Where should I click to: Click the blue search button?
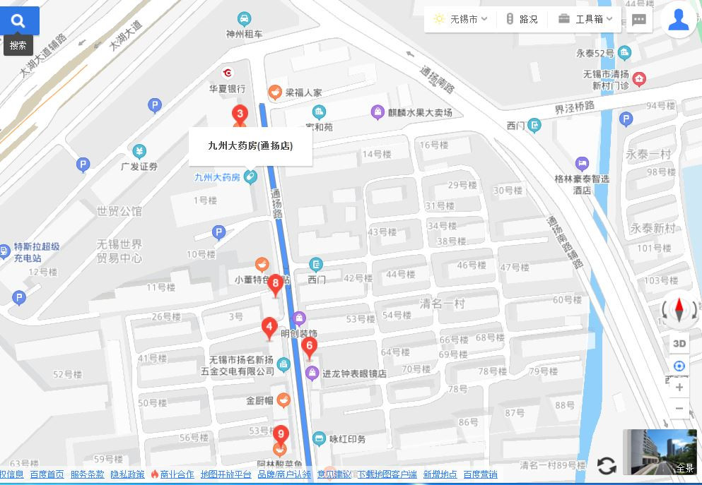(x=19, y=21)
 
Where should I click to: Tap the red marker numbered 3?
(x=240, y=114)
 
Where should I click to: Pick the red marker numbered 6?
(x=308, y=347)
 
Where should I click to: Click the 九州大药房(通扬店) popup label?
(x=250, y=146)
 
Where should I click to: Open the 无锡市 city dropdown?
(x=461, y=19)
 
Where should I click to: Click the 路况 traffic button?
(x=521, y=19)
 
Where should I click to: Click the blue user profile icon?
(x=678, y=20)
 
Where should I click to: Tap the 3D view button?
(x=679, y=344)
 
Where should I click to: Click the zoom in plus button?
(x=679, y=387)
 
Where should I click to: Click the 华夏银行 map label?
(x=227, y=89)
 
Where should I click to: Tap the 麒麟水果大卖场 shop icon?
(x=378, y=112)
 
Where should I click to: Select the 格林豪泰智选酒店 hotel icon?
(x=582, y=164)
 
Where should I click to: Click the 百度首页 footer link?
(x=47, y=474)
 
